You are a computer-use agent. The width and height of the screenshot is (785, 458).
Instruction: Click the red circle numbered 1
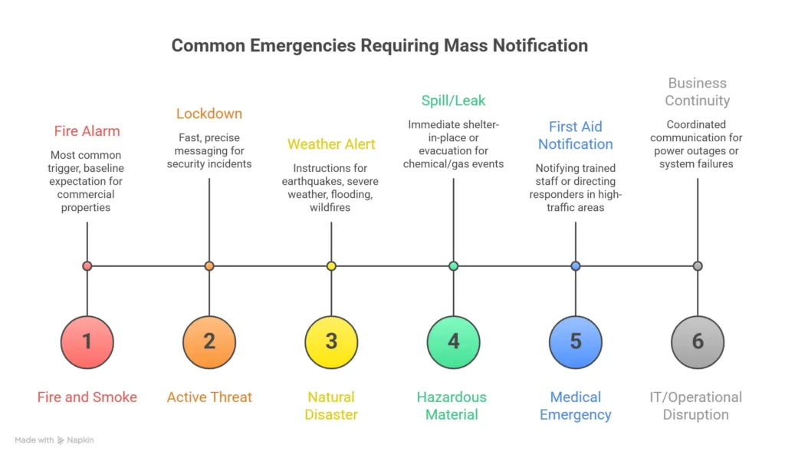click(87, 341)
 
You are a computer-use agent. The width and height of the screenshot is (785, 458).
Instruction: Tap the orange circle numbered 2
click(209, 341)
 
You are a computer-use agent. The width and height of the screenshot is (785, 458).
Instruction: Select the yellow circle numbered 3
click(331, 341)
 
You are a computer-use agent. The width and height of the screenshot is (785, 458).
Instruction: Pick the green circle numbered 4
click(453, 341)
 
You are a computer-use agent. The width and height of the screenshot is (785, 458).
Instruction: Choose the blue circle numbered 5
click(576, 341)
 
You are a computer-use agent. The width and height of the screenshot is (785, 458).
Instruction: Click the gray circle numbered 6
click(698, 341)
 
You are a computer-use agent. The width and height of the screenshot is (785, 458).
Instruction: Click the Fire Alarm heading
click(87, 131)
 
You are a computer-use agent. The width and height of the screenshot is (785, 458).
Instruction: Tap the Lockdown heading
click(209, 114)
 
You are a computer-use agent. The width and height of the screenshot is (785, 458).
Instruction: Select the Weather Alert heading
click(331, 144)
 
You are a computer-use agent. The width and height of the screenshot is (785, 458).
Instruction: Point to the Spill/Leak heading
click(453, 100)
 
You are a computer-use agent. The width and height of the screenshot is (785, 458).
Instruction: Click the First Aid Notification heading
click(576, 135)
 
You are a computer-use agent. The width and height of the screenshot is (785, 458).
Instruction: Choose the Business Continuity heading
click(698, 92)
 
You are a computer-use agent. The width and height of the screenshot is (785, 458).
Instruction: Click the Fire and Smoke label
click(87, 397)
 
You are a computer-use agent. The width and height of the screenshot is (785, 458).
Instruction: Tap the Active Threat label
click(209, 397)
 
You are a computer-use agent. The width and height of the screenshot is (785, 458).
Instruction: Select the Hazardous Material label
click(453, 406)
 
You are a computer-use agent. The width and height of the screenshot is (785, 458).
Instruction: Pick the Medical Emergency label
click(576, 406)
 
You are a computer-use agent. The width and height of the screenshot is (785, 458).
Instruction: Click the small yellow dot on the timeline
click(331, 266)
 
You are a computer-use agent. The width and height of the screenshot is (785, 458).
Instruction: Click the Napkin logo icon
click(61, 440)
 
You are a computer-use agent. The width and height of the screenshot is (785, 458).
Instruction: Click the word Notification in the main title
click(539, 45)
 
